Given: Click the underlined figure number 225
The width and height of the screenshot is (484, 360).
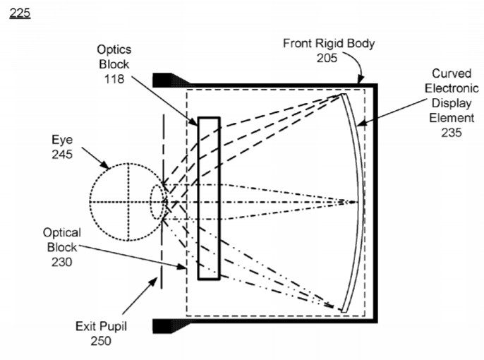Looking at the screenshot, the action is point(20,13).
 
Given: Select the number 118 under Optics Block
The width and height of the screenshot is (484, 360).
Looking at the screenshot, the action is point(114,79).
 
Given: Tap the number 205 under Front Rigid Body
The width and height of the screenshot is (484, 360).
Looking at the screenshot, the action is point(327,58).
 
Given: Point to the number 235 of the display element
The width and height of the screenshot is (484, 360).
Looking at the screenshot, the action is point(452,133).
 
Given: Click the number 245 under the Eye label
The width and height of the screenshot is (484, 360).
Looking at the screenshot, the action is point(62,154).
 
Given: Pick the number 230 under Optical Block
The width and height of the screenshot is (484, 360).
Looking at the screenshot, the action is point(62,262).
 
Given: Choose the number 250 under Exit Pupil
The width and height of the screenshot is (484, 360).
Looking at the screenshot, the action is point(101,341).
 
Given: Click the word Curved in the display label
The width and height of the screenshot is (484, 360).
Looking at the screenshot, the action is point(452,73).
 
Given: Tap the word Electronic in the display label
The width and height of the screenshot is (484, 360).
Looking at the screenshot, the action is point(452,88).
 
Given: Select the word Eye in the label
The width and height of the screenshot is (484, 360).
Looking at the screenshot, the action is point(62,140).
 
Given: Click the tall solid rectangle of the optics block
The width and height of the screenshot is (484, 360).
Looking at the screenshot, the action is point(209,198).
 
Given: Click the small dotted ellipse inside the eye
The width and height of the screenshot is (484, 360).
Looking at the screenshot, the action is point(157,202).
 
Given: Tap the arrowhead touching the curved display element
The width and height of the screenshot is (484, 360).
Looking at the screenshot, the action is point(362,123).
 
